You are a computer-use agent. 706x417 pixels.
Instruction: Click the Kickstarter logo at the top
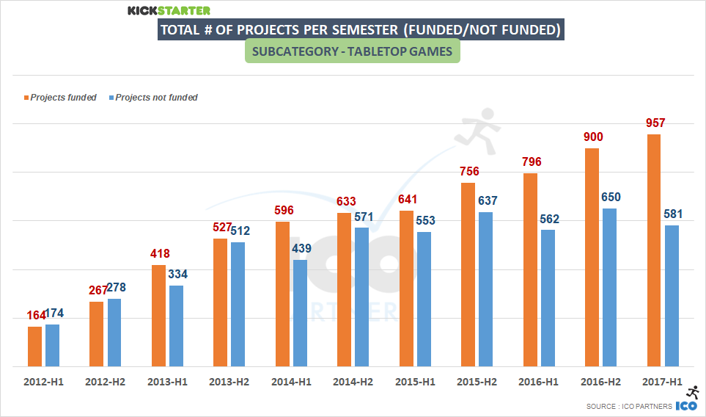click(x=169, y=10)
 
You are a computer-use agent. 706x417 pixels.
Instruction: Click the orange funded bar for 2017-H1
click(x=654, y=250)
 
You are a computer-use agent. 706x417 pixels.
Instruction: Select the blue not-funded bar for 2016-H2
click(x=609, y=287)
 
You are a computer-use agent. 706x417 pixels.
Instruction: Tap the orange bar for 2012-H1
click(x=35, y=346)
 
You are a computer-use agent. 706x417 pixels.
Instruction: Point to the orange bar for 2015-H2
click(x=468, y=274)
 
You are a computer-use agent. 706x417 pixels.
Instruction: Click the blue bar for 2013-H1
click(x=177, y=325)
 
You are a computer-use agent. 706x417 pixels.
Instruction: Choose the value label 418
click(x=159, y=254)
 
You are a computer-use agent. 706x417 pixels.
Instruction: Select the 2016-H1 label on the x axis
click(x=538, y=382)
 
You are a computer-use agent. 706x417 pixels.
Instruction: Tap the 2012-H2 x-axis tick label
click(x=104, y=382)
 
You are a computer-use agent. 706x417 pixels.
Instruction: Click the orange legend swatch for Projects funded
click(x=26, y=98)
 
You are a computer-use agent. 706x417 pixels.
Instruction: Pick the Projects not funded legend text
click(x=157, y=98)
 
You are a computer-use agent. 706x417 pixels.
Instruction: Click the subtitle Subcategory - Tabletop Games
click(x=352, y=52)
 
